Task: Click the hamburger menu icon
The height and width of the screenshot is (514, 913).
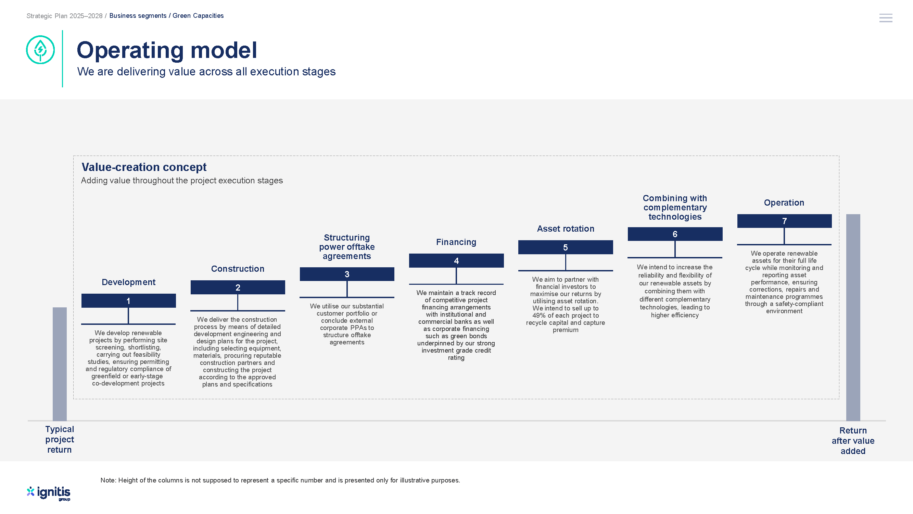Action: pos(885,18)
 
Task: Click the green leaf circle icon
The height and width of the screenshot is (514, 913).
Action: pos(40,50)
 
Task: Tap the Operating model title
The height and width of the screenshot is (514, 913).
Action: pos(167,50)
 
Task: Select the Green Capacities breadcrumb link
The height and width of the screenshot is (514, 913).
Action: pos(198,16)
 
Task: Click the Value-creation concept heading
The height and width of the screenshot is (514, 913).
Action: pos(144,167)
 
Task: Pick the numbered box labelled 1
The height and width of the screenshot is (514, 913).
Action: pos(129,301)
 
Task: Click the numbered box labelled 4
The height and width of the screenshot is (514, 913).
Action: pos(456,260)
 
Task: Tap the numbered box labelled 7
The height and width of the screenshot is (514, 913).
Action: pos(784,221)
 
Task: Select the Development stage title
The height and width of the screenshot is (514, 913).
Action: pos(129,282)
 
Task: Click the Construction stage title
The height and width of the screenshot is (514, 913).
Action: pos(238,269)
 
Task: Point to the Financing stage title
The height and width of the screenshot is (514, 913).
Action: pos(456,242)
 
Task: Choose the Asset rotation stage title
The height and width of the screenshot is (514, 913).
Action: pos(566,229)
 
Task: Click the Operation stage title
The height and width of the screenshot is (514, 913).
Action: pos(784,203)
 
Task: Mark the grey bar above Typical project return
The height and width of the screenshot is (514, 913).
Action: pos(60,364)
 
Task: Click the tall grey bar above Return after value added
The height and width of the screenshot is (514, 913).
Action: pos(853,318)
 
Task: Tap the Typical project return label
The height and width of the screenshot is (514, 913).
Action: pos(60,439)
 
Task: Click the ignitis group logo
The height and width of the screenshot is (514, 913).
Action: pos(49,493)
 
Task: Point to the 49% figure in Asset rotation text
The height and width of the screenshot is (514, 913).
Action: pos(540,315)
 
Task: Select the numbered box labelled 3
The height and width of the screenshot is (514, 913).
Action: pos(347,274)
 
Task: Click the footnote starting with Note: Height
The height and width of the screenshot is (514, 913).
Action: pos(280,480)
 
